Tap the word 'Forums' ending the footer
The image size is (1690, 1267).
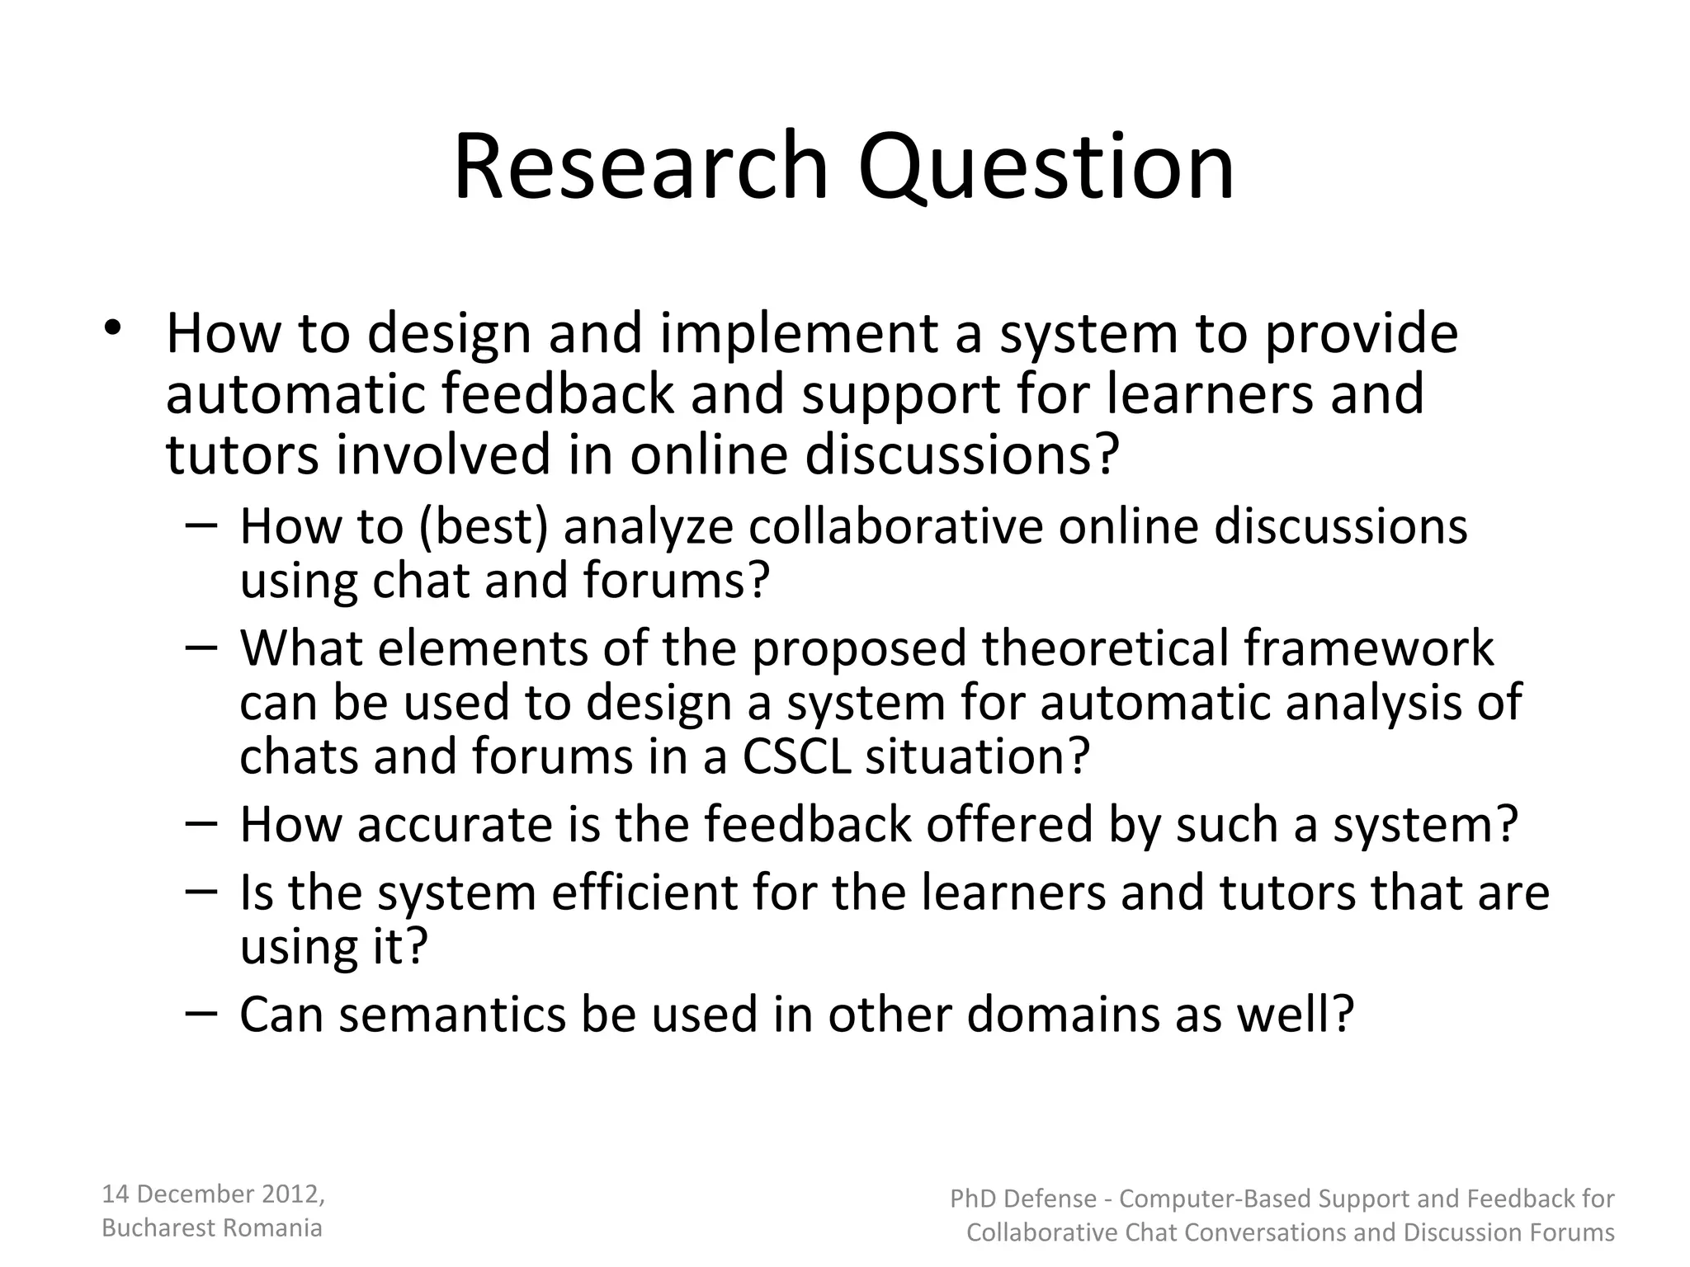pos(1570,1232)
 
